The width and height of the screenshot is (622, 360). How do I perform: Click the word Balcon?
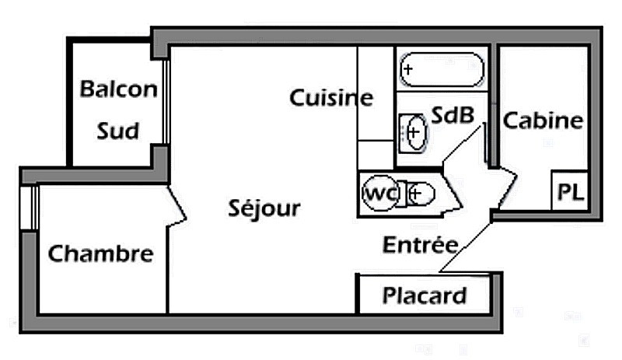pos(118,89)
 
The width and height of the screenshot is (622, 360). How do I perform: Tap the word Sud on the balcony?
pos(118,130)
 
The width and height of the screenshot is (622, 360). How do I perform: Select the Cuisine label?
pos(331,98)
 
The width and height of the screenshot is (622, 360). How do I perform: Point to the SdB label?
pos(453,116)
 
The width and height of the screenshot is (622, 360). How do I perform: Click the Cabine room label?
pos(543,121)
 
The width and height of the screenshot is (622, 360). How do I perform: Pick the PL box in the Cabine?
pos(570,193)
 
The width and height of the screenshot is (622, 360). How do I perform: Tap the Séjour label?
pos(264,208)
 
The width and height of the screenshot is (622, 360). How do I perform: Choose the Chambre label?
pos(100,253)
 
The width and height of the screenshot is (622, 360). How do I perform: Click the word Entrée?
pos(420,245)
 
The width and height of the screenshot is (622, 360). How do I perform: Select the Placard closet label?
pos(425,295)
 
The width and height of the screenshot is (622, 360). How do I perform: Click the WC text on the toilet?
pos(379,192)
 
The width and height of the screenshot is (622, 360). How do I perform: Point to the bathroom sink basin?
pos(413,133)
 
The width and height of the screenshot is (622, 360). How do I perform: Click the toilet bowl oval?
pos(421,193)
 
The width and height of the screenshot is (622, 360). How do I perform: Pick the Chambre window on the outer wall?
pos(30,208)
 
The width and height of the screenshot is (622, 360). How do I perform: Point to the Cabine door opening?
pos(501,187)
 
